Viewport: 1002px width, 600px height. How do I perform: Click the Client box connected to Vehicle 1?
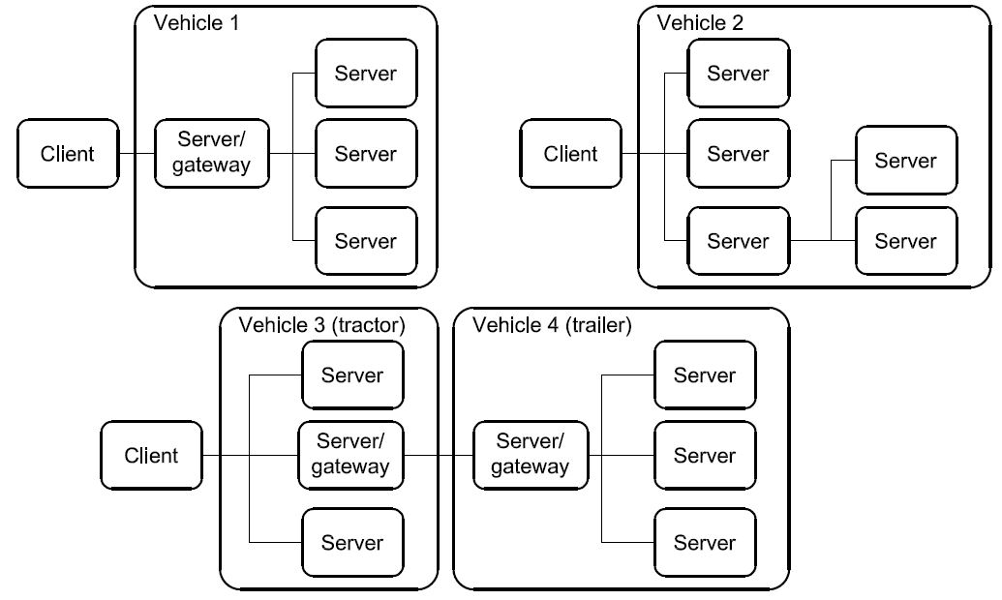(68, 153)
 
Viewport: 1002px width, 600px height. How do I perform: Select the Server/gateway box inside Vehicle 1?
(211, 153)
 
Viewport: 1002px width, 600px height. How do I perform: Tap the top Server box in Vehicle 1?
(366, 73)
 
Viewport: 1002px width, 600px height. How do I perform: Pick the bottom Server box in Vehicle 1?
(366, 240)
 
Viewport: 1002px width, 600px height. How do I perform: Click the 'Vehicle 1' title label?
(197, 22)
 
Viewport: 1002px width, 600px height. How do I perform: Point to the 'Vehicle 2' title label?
(700, 22)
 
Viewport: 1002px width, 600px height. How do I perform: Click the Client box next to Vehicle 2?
(570, 153)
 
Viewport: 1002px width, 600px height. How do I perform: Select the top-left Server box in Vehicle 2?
(738, 73)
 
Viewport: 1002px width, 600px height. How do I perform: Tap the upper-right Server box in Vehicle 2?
(905, 160)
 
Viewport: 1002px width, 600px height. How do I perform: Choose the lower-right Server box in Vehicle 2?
(905, 240)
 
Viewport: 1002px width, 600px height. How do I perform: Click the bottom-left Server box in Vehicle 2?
(738, 240)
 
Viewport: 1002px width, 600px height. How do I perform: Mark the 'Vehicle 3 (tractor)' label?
(321, 324)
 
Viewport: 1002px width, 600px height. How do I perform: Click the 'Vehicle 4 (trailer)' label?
(552, 324)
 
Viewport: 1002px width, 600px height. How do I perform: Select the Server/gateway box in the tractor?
(350, 455)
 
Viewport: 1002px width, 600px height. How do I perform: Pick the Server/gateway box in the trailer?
(530, 455)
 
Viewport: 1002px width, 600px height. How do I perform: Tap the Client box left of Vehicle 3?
(152, 455)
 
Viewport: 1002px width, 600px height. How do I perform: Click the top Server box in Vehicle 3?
(352, 375)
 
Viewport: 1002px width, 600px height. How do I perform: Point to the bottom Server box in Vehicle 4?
(705, 543)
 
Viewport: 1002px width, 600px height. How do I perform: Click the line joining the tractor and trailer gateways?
(438, 455)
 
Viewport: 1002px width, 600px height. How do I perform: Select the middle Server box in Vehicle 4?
(705, 455)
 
